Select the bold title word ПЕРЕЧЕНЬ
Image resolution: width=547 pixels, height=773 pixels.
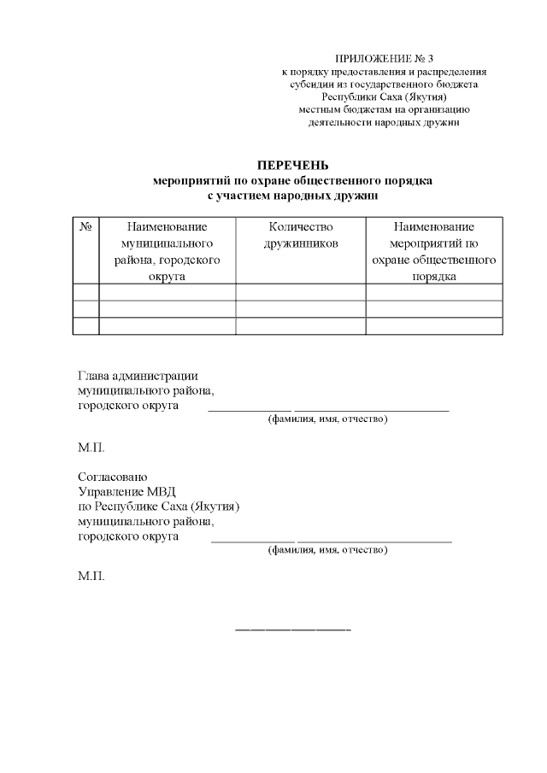pyautogui.click(x=293, y=166)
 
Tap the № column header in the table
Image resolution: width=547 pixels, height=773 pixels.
pyautogui.click(x=86, y=227)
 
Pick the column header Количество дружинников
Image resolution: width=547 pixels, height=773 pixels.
pyautogui.click(x=300, y=235)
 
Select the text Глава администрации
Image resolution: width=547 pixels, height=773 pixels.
pyautogui.click(x=138, y=375)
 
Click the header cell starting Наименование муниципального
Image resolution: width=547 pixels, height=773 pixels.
pyautogui.click(x=168, y=251)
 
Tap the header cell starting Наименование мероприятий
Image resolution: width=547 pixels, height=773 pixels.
pyautogui.click(x=433, y=251)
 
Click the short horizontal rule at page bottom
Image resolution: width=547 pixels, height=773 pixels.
pyautogui.click(x=293, y=630)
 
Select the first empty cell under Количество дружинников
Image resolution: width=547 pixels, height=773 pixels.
pyautogui.click(x=300, y=292)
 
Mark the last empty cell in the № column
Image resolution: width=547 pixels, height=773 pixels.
pyautogui.click(x=86, y=325)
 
